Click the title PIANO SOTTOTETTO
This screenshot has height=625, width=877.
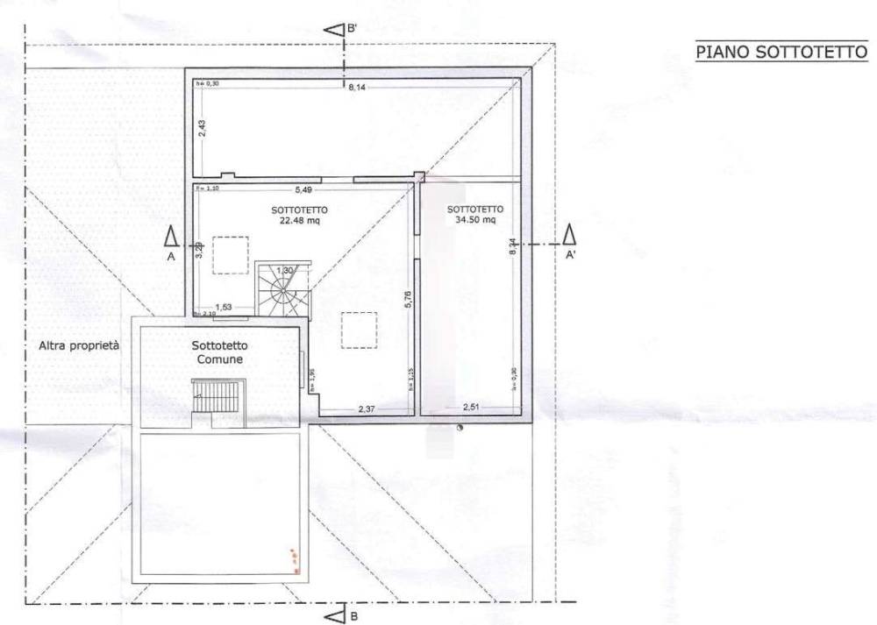pyautogui.click(x=781, y=52)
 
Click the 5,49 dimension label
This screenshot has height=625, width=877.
pyautogui.click(x=303, y=189)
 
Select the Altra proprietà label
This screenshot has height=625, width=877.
pyautogui.click(x=79, y=345)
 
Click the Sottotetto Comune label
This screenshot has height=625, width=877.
pyautogui.click(x=218, y=352)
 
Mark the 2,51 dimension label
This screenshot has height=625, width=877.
pyautogui.click(x=474, y=407)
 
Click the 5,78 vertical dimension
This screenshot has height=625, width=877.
pyautogui.click(x=408, y=303)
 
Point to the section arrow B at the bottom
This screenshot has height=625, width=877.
pyautogui.click(x=334, y=616)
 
